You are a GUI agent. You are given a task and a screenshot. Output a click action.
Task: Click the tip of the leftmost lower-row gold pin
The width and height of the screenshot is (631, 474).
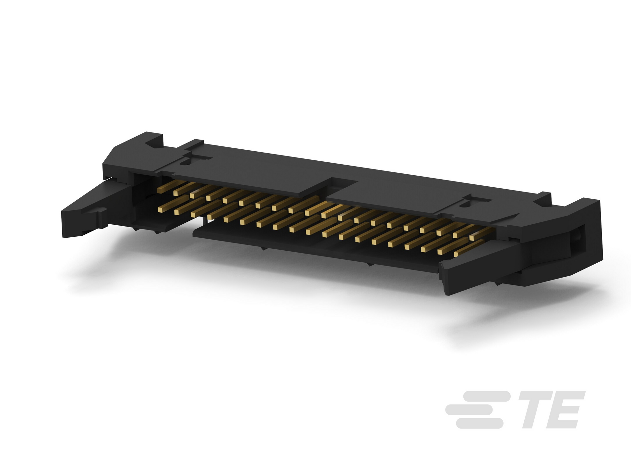(x=160, y=210)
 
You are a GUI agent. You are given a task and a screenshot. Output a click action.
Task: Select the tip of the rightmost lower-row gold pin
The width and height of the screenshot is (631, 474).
(x=457, y=254)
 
